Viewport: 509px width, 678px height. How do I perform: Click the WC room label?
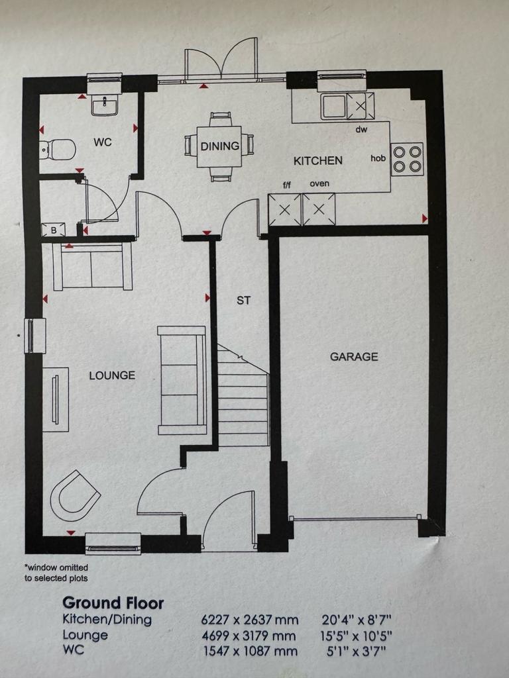tap(103, 142)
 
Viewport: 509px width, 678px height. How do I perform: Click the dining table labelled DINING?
tap(219, 146)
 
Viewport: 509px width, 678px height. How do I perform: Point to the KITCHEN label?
tap(318, 161)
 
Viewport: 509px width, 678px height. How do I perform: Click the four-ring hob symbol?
tap(408, 159)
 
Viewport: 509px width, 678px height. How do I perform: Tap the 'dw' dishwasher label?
tap(361, 129)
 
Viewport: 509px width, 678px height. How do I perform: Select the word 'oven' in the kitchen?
tap(319, 183)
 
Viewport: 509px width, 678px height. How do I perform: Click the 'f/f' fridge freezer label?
tap(286, 185)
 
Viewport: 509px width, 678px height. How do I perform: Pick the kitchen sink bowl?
tap(334, 107)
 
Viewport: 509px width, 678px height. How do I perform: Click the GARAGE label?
tap(354, 357)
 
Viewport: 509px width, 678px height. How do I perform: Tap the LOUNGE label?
tap(112, 375)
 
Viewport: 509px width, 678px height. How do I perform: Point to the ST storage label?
tap(243, 300)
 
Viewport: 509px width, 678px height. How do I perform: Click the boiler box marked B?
tap(53, 230)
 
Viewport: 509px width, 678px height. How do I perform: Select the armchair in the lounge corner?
tap(74, 495)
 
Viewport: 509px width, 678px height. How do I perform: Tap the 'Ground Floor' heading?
tap(113, 603)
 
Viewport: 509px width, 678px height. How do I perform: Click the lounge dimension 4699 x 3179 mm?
tap(249, 636)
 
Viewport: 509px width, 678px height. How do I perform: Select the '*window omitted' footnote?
tap(56, 573)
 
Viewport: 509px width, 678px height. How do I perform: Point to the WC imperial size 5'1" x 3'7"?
tap(356, 650)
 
